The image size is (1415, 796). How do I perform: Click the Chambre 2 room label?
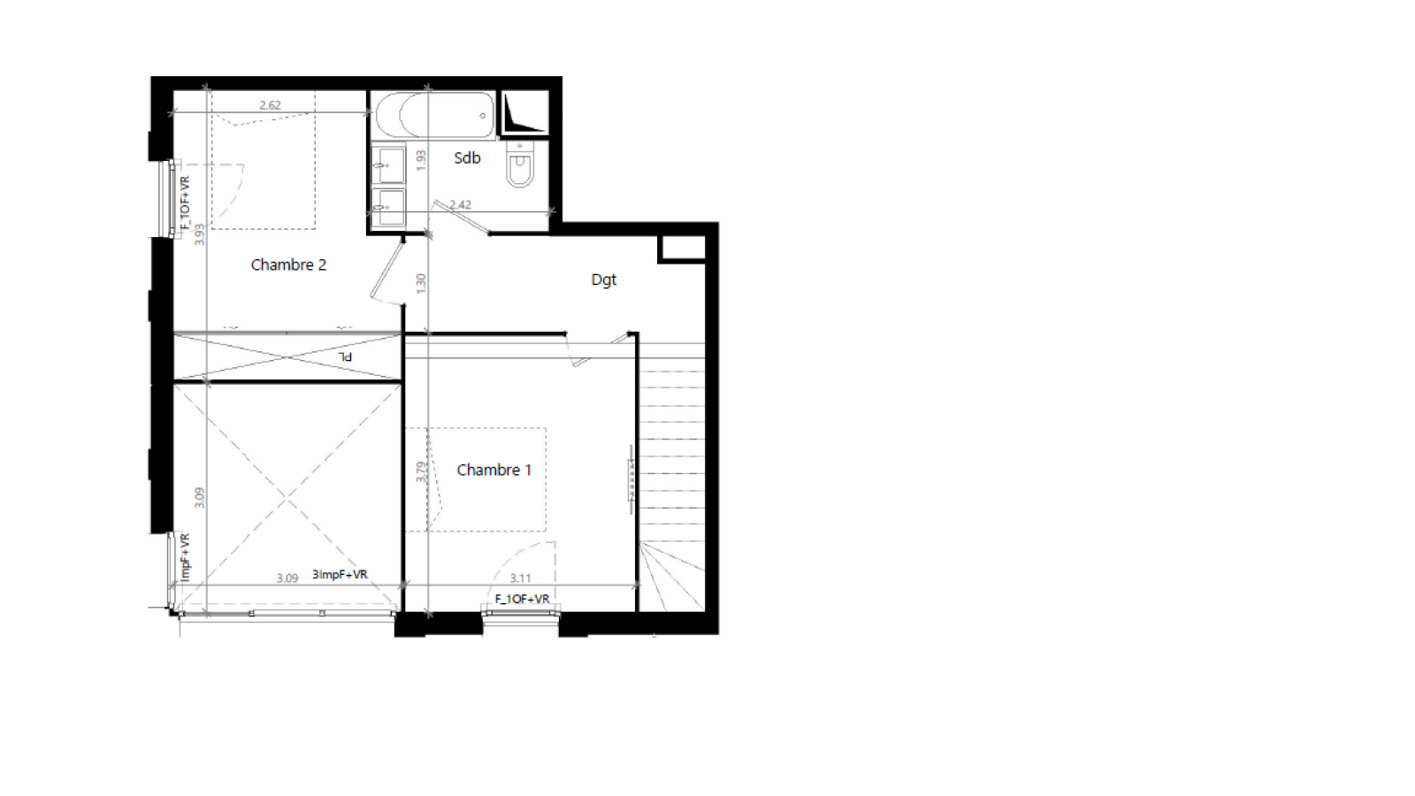[x=288, y=264]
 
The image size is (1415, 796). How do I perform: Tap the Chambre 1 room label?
[x=493, y=470]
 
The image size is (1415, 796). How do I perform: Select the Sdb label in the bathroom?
[x=467, y=158]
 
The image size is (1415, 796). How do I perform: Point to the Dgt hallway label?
[x=603, y=279]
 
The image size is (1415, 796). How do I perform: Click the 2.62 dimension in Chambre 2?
[x=270, y=105]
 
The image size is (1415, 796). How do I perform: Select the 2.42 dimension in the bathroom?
[x=460, y=204]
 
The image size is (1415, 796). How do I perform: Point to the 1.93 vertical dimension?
[x=421, y=160]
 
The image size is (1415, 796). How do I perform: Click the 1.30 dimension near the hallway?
[x=421, y=283]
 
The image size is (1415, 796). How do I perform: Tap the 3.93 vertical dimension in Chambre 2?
[x=200, y=233]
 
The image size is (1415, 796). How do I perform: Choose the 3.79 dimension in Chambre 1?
[x=421, y=471]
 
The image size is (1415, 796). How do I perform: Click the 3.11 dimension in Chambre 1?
[x=520, y=578]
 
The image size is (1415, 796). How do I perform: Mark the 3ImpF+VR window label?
[x=340, y=575]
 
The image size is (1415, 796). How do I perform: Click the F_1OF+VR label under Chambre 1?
[x=522, y=599]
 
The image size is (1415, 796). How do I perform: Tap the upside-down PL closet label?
[x=346, y=356]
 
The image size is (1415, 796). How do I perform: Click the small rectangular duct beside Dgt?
[x=683, y=249]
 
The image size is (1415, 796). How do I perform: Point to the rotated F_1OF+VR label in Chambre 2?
[x=185, y=203]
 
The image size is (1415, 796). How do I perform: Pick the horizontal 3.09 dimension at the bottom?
[x=287, y=578]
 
